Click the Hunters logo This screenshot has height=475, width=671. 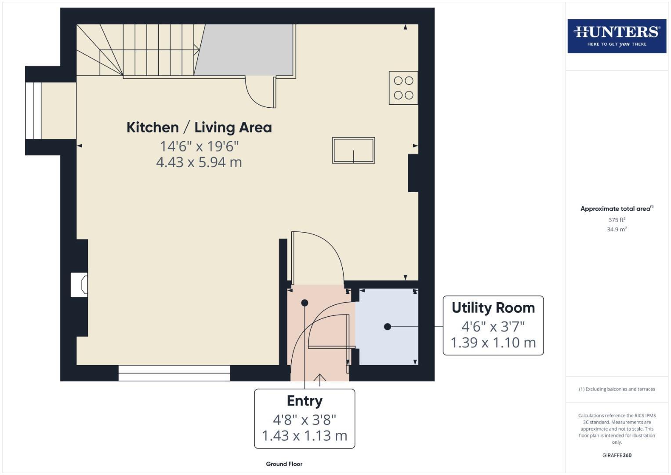point(617,36)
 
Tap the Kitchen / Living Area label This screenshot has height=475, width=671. point(199,128)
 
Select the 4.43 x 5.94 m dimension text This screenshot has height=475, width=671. point(199,162)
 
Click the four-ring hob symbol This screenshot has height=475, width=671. point(403,88)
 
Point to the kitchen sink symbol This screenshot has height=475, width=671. point(353,150)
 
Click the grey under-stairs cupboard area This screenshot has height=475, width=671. point(246,49)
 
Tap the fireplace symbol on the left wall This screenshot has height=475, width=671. point(80,285)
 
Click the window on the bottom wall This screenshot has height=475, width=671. point(174,373)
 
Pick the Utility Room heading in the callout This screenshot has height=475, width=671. point(493,308)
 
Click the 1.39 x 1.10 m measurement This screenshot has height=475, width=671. point(493,343)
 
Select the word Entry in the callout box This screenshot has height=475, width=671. point(305,401)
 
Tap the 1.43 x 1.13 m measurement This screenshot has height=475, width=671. point(305,436)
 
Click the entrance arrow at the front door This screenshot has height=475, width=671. point(319,379)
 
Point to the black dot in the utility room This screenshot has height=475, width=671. point(387,326)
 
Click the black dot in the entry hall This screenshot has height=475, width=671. point(305,303)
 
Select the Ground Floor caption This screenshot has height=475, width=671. point(284,464)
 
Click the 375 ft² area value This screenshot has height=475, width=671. point(617,220)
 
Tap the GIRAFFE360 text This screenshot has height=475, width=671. point(617,455)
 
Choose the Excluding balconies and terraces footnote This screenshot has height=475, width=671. point(617,389)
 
